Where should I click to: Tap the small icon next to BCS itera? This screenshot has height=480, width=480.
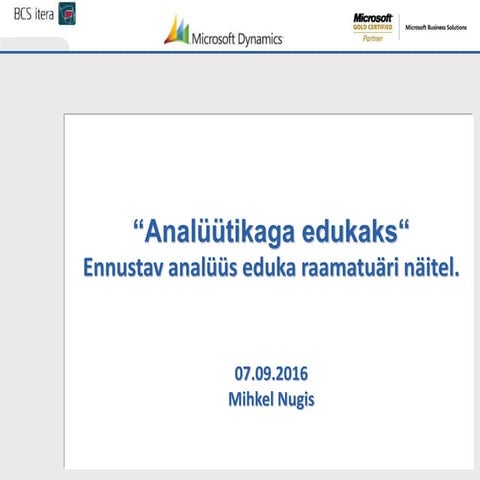pos(67,14)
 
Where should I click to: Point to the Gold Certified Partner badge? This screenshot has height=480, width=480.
pos(372,27)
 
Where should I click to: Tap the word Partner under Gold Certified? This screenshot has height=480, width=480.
pos(372,38)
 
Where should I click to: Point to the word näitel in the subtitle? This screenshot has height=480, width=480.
pos(435,269)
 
